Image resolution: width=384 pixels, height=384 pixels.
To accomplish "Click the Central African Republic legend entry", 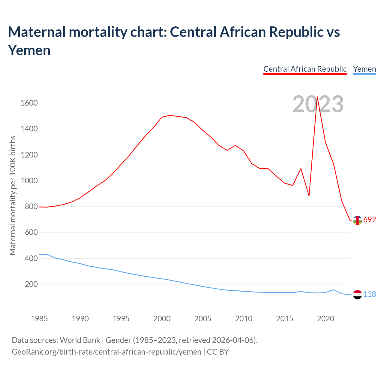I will [x=305, y=69].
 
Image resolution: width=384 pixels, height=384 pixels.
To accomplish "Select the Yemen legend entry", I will [x=364, y=69].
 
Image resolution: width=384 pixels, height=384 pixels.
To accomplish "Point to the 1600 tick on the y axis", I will [x=29, y=103].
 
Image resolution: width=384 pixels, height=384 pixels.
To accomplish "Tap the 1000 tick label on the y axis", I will [x=29, y=181].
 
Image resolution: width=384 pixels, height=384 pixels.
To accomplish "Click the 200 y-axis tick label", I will [x=31, y=284].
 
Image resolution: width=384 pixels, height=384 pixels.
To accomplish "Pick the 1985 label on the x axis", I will [x=39, y=319].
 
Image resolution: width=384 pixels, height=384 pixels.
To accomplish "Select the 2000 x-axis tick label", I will [x=162, y=319].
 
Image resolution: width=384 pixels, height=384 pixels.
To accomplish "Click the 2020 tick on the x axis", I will [x=325, y=319].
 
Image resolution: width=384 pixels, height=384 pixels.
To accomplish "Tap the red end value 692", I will [x=370, y=220].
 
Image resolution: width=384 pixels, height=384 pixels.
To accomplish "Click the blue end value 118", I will [x=370, y=294].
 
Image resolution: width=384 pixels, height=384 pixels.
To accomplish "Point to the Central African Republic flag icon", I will [x=357, y=220].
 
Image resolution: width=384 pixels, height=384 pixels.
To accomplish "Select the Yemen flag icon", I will [x=357, y=295].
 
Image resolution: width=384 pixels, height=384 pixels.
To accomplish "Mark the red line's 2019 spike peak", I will [x=317, y=97].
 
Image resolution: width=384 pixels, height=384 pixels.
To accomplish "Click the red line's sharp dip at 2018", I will [x=309, y=196].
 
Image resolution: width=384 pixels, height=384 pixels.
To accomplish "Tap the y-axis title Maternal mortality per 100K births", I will [x=13, y=196].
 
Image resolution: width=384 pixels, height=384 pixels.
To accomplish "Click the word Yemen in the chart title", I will [x=29, y=50].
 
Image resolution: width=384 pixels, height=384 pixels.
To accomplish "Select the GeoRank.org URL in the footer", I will [x=106, y=352].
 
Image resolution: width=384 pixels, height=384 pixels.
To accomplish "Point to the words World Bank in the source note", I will [x=80, y=340].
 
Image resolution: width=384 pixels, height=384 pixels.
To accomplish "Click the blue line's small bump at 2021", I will [x=334, y=290].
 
